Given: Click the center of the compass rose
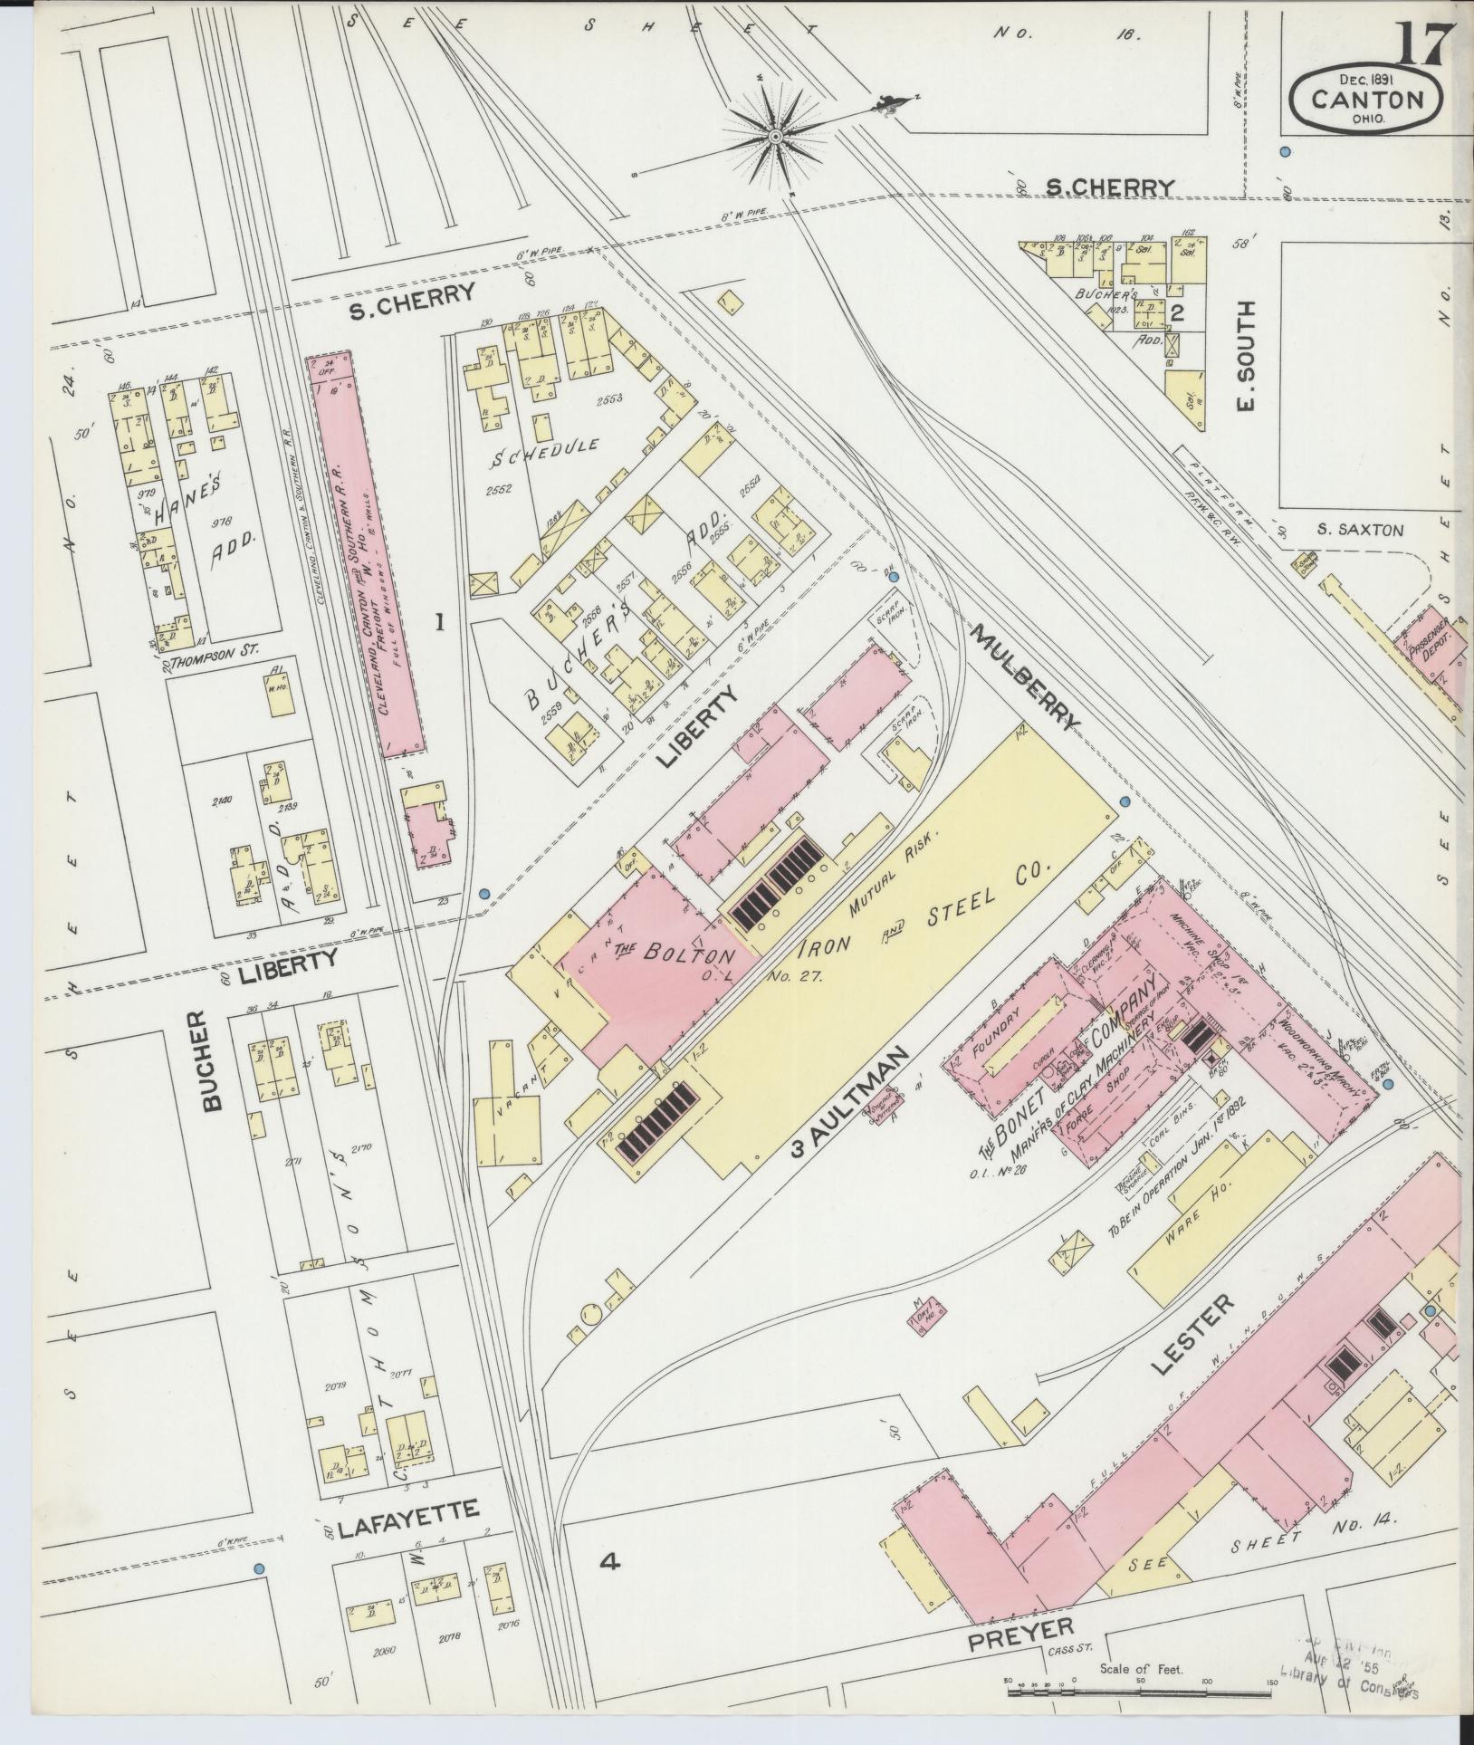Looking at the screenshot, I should point(775,136).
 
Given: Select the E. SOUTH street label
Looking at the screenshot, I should point(1247,357).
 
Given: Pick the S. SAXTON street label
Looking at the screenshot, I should point(1360,529).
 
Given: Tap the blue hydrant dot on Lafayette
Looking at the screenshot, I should point(259,1568).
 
